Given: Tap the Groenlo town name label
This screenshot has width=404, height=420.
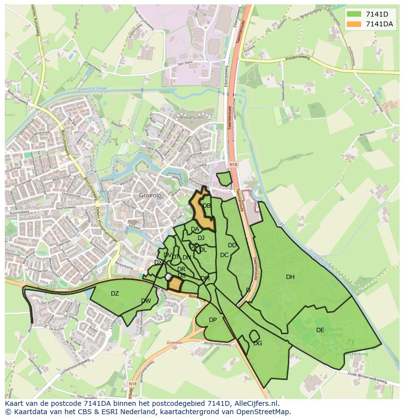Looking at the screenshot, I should click(x=150, y=195).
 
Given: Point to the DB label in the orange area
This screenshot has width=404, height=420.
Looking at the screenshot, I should click(x=206, y=206).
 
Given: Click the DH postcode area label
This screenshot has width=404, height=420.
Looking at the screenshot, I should click(x=290, y=277).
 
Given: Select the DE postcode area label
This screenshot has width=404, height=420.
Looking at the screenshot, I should click(x=320, y=330).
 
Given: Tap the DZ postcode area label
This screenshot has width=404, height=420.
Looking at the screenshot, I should click(x=115, y=294).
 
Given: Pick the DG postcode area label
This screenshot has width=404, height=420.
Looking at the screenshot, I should click(x=258, y=343).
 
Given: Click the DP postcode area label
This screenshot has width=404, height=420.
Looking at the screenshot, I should click(x=213, y=320).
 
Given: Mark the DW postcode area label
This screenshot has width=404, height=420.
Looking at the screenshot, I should click(x=146, y=301).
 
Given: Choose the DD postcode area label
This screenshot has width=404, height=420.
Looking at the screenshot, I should click(x=232, y=245).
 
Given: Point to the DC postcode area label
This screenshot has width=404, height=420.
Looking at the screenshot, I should click(x=224, y=255).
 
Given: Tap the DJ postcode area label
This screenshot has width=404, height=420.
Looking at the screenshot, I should click(x=201, y=238).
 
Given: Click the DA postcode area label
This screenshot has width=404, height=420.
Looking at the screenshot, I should click(x=195, y=229).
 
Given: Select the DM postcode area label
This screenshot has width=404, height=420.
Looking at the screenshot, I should click(x=205, y=279).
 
